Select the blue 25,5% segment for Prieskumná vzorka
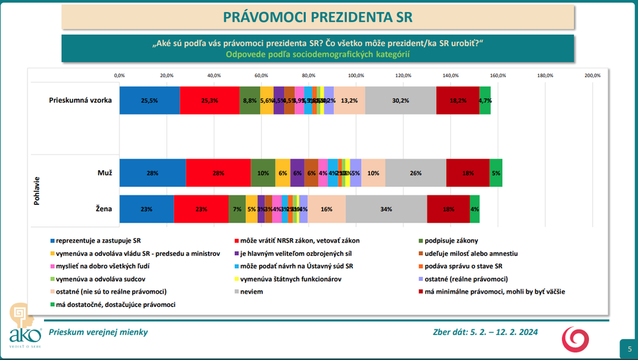[149, 100]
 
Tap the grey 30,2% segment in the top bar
[401, 100]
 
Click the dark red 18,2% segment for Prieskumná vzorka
[457, 100]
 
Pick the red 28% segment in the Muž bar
[218, 173]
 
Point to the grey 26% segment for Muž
[415, 173]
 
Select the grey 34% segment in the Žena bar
[386, 209]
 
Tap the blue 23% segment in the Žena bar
[147, 209]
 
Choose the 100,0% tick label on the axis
[356, 75]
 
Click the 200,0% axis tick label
[593, 75]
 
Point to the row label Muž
[105, 173]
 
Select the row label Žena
[104, 209]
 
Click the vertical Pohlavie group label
[36, 190]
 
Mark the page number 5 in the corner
[629, 349]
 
